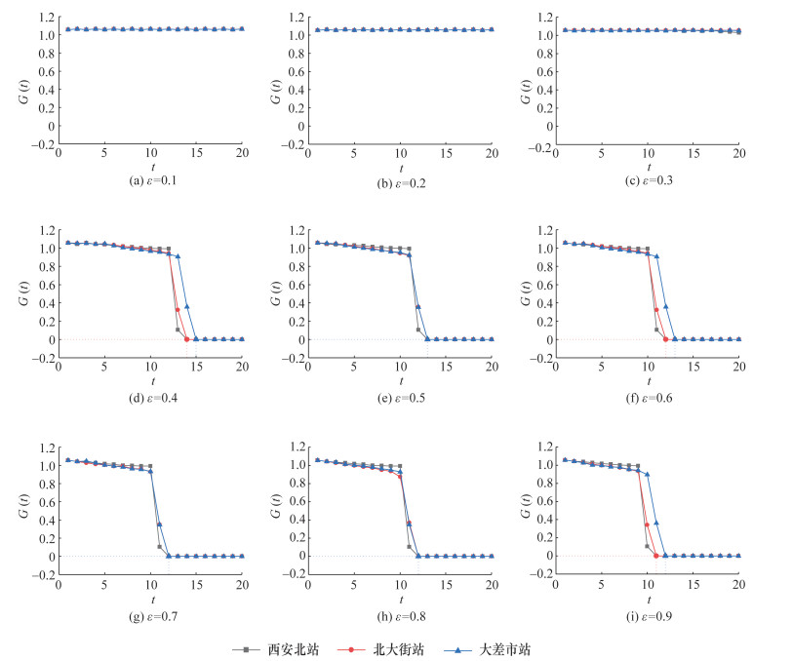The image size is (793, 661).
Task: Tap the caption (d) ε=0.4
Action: click(150, 398)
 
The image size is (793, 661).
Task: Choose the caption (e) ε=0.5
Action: click(400, 398)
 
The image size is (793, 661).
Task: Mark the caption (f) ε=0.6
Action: click(648, 398)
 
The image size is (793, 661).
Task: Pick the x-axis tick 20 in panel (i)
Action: click(738, 586)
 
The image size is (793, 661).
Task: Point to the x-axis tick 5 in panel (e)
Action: click(354, 370)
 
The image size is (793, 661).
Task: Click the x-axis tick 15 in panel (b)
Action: click(446, 154)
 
